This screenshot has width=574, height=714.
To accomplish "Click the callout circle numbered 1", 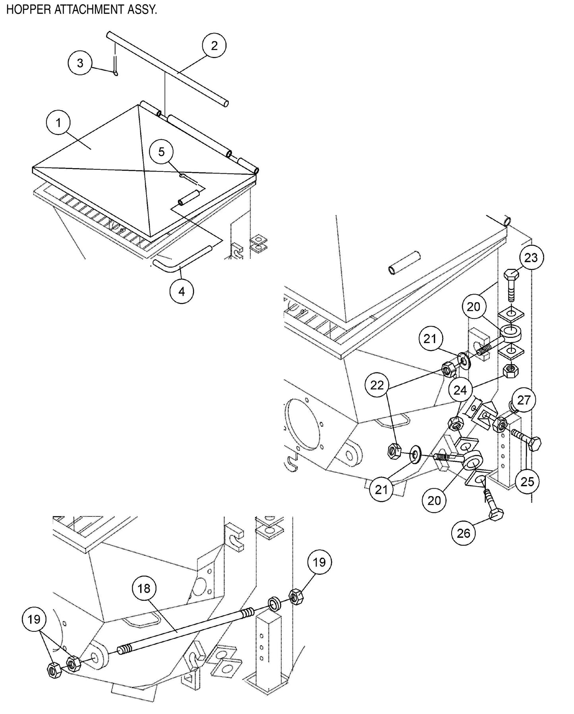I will click(x=59, y=123).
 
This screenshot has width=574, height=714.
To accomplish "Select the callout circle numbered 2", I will click(x=214, y=46).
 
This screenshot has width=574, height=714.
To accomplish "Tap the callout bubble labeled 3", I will click(x=80, y=63).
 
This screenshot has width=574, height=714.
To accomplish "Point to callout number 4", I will click(x=182, y=292).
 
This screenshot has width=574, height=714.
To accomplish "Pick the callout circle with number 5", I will click(x=161, y=152).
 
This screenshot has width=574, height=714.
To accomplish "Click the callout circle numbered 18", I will click(x=144, y=588).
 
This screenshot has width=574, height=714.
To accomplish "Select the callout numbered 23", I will click(x=531, y=258).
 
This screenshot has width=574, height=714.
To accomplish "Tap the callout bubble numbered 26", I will click(x=464, y=533).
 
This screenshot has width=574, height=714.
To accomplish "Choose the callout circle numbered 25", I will click(x=528, y=482).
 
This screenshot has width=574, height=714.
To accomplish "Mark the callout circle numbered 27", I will click(x=524, y=400).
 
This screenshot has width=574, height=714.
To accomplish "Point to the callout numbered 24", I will click(x=460, y=390).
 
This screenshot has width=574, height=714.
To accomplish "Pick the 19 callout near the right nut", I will click(x=319, y=562).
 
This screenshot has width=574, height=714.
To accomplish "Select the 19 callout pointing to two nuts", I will click(x=35, y=619).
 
